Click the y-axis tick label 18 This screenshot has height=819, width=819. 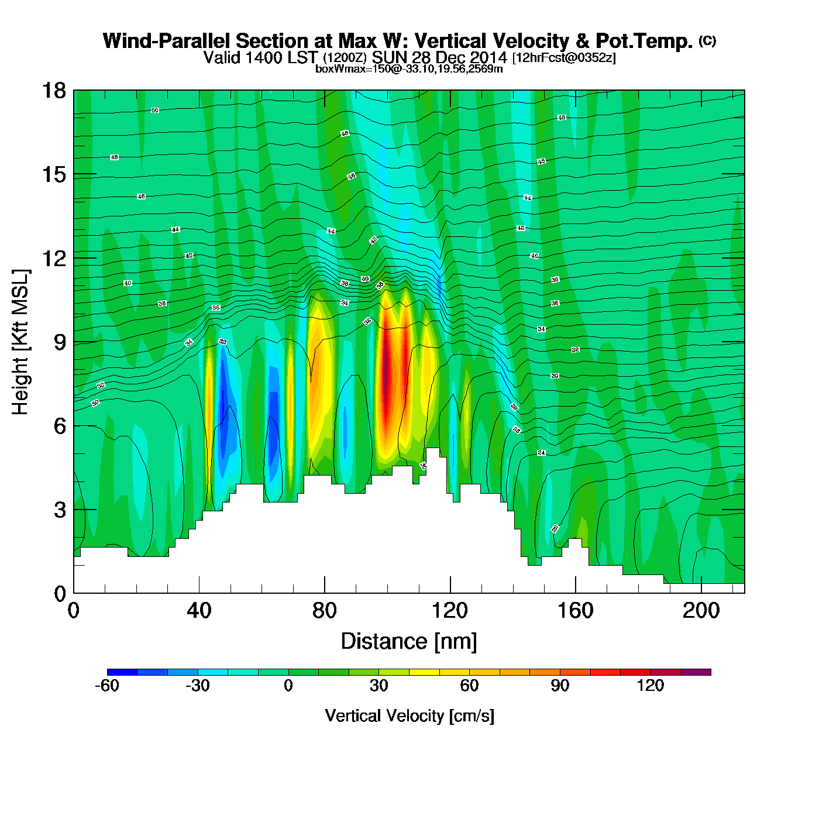click(53, 91)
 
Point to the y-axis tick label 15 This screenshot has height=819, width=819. click(53, 175)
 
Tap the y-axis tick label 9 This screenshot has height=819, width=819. click(60, 343)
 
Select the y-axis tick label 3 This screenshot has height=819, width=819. click(60, 510)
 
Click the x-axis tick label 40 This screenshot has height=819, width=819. click(199, 611)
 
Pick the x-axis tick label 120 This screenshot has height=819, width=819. click(450, 611)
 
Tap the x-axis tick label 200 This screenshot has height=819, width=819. click(701, 611)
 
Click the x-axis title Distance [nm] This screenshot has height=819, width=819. click(409, 642)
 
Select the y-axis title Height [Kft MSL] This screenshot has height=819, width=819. click(20, 342)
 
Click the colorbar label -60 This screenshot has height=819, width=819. click(107, 686)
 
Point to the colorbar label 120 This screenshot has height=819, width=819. click(650, 686)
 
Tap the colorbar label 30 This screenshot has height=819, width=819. click(378, 686)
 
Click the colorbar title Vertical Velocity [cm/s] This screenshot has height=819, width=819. click(409, 715)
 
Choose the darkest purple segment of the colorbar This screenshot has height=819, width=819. click(696, 672)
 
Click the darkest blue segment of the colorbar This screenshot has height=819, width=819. click(122, 672)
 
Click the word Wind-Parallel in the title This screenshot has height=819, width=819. click(167, 41)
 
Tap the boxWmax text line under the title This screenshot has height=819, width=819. click(409, 68)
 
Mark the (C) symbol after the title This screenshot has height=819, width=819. click(707, 40)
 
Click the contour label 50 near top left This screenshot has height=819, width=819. click(154, 110)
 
